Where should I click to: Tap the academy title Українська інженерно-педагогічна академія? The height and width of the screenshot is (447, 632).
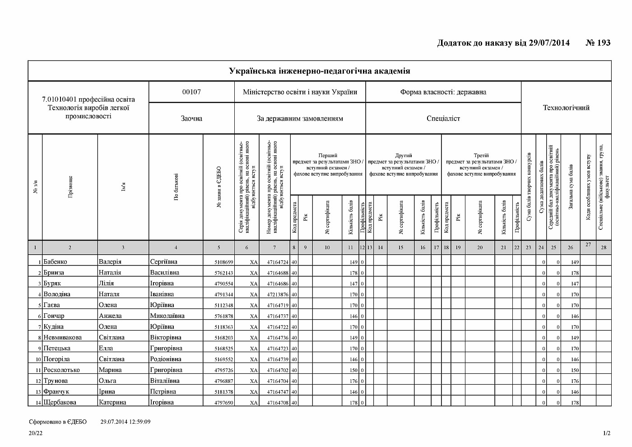[x=319, y=71]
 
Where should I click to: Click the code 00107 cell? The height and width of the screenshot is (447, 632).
[x=191, y=92]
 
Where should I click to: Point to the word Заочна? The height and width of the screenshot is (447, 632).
[x=191, y=118]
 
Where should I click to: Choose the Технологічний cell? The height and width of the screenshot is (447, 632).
[x=566, y=107]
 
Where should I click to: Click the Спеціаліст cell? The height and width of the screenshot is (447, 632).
[x=443, y=118]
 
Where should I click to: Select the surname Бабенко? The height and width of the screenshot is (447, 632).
[x=56, y=261]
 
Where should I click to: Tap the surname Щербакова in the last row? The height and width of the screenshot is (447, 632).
[x=60, y=402]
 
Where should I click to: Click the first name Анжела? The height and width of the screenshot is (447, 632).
[x=110, y=316]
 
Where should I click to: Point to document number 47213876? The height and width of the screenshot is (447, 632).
[x=277, y=294]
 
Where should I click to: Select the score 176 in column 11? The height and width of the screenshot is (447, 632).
[x=353, y=381]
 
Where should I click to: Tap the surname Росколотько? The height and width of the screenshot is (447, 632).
[x=62, y=370]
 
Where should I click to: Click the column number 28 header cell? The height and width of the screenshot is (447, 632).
[x=604, y=247]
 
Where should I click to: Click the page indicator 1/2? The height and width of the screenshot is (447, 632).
[x=606, y=433]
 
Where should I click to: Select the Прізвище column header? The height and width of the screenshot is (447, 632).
[x=70, y=187]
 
